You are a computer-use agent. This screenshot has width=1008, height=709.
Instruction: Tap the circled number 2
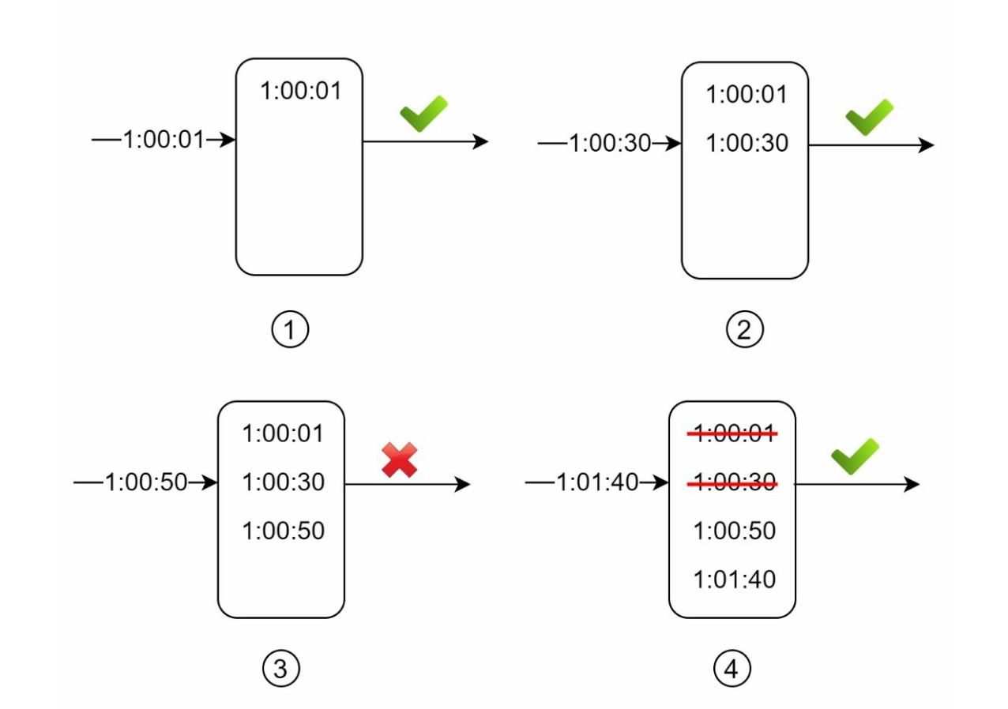pos(744,330)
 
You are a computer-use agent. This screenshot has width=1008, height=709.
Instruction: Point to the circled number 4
pos(732,670)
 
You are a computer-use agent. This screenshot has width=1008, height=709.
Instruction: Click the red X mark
pos(400,460)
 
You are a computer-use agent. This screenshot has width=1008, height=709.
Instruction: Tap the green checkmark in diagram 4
pos(855,456)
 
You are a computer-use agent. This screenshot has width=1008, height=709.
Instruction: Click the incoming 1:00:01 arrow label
pos(163,141)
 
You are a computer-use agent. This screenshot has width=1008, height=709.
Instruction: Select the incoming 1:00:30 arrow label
pos(609,144)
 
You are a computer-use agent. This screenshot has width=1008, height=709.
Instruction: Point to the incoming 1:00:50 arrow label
pos(145,483)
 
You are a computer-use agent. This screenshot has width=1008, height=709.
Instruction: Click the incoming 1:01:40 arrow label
pos(597,483)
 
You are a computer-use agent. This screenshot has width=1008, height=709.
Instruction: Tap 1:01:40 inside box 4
pos(735,580)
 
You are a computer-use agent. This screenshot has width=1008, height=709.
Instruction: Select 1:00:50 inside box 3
pos(283,531)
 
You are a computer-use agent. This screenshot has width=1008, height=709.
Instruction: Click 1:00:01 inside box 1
pos(301,91)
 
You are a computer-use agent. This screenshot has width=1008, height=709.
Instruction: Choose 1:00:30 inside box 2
pos(747,143)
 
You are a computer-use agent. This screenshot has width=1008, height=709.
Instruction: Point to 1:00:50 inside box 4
pos(735,531)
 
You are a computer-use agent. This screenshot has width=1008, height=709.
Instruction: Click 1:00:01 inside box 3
pos(283,433)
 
